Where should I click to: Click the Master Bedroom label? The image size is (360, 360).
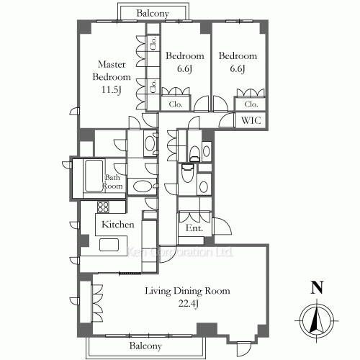112,71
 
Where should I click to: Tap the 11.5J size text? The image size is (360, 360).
112,90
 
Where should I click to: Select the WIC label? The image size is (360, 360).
251,120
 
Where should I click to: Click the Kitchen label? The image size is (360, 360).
118,225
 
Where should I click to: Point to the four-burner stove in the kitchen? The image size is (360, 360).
103,207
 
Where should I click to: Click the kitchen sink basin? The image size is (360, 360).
109,245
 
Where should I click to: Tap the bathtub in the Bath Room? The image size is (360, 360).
94,176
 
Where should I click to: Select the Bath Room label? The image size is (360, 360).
112,181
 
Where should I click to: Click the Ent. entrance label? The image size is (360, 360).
194,228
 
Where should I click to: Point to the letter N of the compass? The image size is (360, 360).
317,287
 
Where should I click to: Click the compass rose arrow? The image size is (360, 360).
317,320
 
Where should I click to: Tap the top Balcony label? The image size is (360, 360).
153,13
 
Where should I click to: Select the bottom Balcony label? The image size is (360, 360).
145,346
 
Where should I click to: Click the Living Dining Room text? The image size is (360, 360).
187,291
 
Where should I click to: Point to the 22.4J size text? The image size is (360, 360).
188,304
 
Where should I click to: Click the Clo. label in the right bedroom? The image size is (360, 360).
251,104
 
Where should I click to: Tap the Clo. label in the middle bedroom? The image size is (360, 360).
176,104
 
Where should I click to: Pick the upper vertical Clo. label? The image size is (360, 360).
153,43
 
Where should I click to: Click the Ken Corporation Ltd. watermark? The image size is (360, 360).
180,252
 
